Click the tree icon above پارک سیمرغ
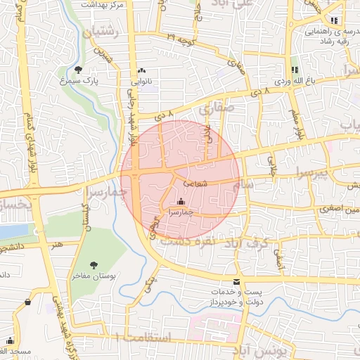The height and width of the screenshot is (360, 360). [77, 70]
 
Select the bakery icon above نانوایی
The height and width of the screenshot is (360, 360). [142, 70]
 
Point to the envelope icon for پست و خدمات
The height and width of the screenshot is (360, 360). [236, 281]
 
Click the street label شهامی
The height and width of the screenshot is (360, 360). [194, 184]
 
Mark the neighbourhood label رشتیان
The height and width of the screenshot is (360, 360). [103, 33]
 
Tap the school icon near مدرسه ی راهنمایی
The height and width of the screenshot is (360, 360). [333, 21]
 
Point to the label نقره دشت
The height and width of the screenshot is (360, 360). [186, 240]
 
